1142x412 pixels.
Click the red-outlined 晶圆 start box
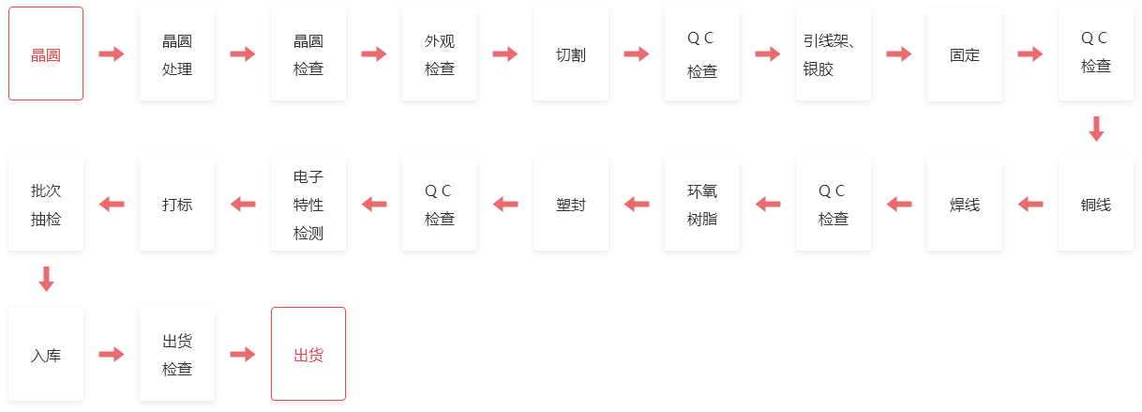[46, 53]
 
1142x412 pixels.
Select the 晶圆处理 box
[177, 53]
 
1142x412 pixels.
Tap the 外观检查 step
[440, 53]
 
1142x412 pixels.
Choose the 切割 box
[571, 53]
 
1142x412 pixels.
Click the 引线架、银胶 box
[834, 53]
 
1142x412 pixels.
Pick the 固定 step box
[965, 53]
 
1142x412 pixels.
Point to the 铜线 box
[1096, 205]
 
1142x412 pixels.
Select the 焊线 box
[965, 205]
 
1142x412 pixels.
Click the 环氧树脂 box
[702, 205]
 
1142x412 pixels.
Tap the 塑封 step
[571, 205]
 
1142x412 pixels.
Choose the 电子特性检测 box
[308, 205]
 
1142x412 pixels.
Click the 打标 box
[177, 205]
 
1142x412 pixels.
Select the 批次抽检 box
[46, 205]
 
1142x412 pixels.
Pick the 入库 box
[46, 354]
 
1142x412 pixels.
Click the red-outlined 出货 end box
[308, 354]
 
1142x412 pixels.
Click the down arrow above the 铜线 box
[1096, 129]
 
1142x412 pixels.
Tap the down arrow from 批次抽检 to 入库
[46, 279]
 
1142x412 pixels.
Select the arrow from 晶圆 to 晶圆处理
[112, 53]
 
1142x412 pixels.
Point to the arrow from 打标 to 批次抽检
[112, 205]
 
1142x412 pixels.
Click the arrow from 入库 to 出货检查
[112, 354]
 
